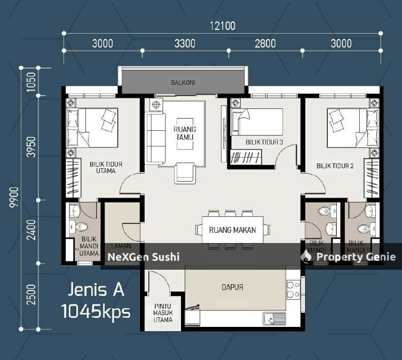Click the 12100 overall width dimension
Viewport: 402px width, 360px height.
tap(223, 25)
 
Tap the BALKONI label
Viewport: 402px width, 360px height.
tap(183, 83)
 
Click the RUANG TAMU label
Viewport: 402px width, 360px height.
tap(185, 133)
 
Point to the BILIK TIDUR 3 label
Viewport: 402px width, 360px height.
tap(264, 142)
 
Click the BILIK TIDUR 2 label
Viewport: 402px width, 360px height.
tap(335, 166)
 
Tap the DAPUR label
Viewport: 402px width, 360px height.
tap(232, 287)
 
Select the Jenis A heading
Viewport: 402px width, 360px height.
tap(96, 289)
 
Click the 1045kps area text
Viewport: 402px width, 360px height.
tap(96, 311)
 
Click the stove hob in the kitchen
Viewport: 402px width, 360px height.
tap(293, 289)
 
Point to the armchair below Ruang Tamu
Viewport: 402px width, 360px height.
tap(184, 171)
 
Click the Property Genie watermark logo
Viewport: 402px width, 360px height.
tap(306, 256)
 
